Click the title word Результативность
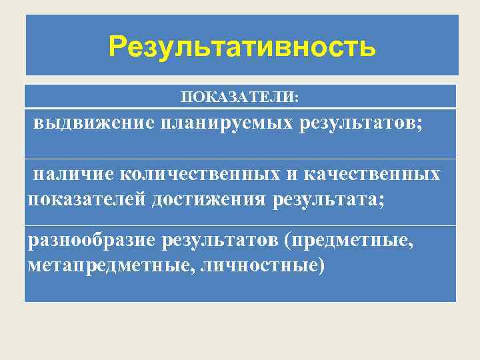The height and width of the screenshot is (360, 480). (243, 47)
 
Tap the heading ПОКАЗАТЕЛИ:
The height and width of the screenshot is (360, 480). (241, 98)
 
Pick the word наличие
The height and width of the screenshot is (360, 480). (75, 174)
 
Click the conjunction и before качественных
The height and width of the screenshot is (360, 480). (293, 174)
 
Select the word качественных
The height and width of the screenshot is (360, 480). (373, 174)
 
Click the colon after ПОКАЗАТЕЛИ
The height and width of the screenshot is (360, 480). (297, 99)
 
